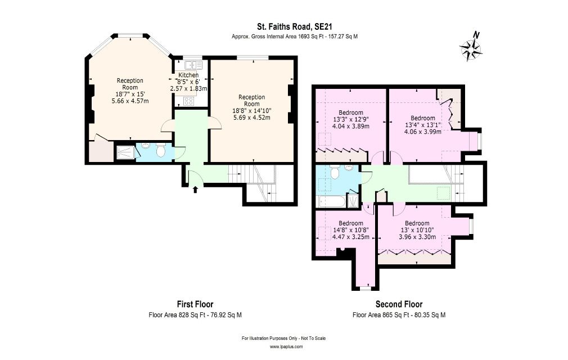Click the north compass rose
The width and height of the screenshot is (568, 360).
[x=471, y=48]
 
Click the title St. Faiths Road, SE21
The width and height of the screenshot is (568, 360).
[x=295, y=26]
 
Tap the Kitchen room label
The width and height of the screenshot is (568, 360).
[x=188, y=75]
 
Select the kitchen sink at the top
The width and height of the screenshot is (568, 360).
[x=193, y=65]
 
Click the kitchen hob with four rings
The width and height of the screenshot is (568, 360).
[x=188, y=101]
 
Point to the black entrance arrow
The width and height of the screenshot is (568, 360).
[x=195, y=190]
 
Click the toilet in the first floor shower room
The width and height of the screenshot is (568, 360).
[x=161, y=150]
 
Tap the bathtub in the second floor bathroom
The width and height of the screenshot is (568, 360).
[x=331, y=201]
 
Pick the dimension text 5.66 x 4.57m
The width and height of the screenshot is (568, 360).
[x=130, y=101]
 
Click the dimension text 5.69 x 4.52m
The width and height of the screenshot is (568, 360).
[x=252, y=118]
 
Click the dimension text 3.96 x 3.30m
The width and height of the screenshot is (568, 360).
[x=417, y=237]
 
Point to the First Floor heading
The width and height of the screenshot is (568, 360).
[x=195, y=304]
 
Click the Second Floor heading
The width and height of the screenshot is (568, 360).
[x=399, y=304]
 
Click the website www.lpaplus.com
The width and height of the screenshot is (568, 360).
[x=286, y=346]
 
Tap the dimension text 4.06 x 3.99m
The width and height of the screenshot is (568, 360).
[x=423, y=132]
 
